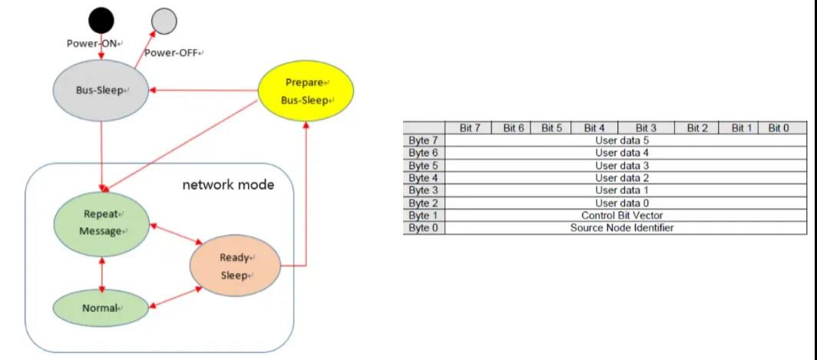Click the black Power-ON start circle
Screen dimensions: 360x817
101,20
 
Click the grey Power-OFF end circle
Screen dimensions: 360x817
163,21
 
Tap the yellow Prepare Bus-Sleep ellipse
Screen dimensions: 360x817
306,92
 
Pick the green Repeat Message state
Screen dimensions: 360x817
100,223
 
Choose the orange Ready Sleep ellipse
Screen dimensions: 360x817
236,267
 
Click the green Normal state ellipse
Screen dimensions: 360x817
100,308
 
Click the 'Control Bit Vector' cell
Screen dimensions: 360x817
622,216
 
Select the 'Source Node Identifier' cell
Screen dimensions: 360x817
622,228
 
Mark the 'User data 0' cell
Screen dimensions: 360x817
622,203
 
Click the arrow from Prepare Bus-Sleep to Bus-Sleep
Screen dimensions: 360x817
207,91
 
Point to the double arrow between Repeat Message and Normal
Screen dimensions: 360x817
101,271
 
